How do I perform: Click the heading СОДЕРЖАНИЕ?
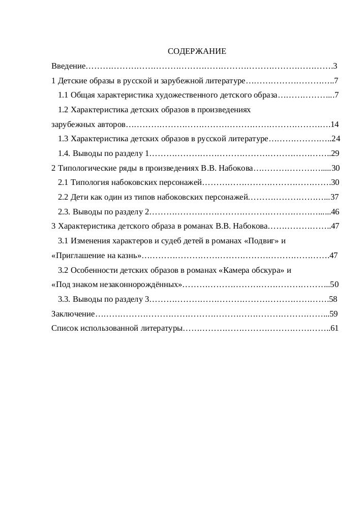pyautogui.click(x=197, y=52)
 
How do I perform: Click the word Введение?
pyautogui.click(x=69, y=67)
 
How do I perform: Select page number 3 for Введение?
pyautogui.click(x=335, y=67)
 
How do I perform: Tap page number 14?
pyautogui.click(x=334, y=124)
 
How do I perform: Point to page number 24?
pyautogui.click(x=335, y=139)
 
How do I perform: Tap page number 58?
pyautogui.click(x=333, y=299)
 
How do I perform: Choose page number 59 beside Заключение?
pyautogui.click(x=334, y=314)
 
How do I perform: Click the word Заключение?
pyautogui.click(x=73, y=314)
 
